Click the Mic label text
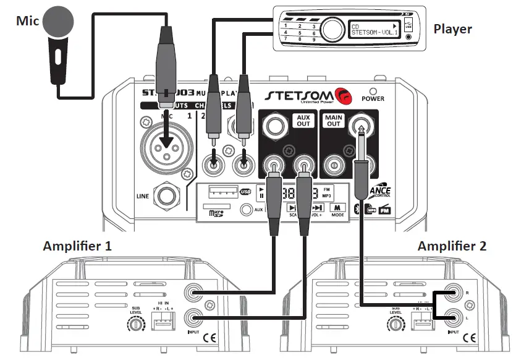pyautogui.click(x=27, y=20)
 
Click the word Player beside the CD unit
pyautogui.click(x=452, y=28)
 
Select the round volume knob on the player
pyautogui.click(x=332, y=28)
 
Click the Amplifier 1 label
pyautogui.click(x=77, y=246)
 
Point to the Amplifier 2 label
pyautogui.click(x=452, y=246)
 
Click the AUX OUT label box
pyautogui.click(x=302, y=120)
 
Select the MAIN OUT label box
pyautogui.click(x=334, y=120)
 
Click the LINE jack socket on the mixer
pyautogui.click(x=167, y=196)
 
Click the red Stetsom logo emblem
pyautogui.click(x=342, y=96)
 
